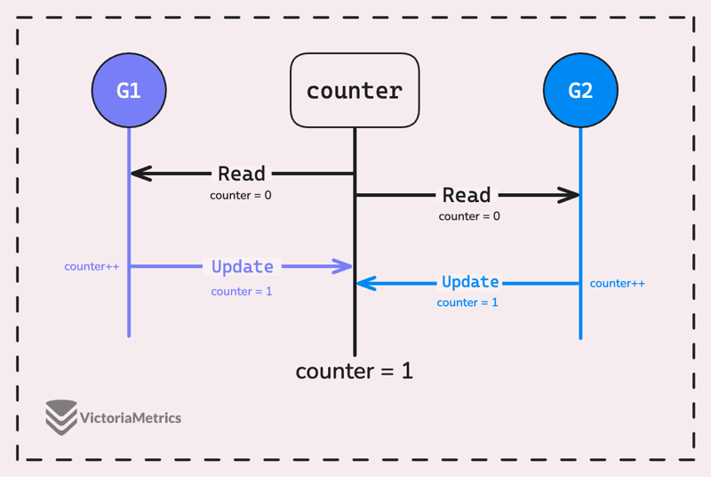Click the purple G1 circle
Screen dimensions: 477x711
[x=129, y=91]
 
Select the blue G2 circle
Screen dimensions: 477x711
[x=580, y=91]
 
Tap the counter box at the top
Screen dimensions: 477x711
[x=355, y=90]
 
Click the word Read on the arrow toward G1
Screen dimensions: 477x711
[x=242, y=174]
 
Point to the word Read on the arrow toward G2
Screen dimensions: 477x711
[x=467, y=195]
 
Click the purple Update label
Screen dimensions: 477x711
[x=243, y=266]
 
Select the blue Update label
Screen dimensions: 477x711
[x=470, y=282]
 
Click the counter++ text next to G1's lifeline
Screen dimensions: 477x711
[x=92, y=266]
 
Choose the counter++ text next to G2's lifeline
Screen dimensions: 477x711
[x=618, y=283]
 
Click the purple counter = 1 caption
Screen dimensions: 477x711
[x=242, y=291]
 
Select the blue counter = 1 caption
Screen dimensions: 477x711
[x=467, y=303]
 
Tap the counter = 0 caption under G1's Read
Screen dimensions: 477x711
[x=241, y=195]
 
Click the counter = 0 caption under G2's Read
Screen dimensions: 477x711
[x=469, y=215]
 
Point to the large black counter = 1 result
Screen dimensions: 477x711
[x=355, y=371]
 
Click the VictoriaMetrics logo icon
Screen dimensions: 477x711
[x=60, y=417]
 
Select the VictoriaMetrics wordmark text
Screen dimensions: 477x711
[x=131, y=417]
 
